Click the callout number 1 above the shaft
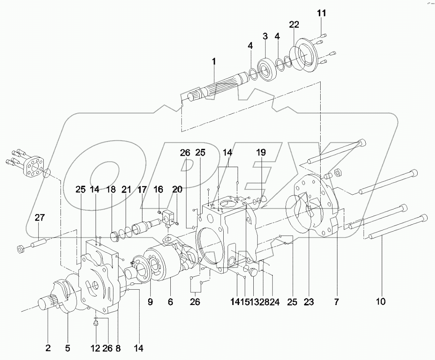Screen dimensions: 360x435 tap(214, 62)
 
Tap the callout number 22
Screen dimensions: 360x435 tap(294, 25)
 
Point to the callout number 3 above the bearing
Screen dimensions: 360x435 tap(265, 36)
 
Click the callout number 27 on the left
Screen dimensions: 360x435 tap(39, 218)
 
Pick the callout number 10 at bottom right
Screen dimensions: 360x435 tap(380, 301)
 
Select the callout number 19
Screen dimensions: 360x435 tap(261, 152)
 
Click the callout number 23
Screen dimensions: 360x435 tap(309, 302)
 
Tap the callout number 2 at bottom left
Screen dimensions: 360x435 tap(48, 348)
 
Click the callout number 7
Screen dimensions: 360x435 tap(336, 302)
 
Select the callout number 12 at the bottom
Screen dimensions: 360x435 tap(96, 348)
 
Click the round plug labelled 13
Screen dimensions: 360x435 tap(253, 272)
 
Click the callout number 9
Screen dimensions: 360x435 tap(150, 302)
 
